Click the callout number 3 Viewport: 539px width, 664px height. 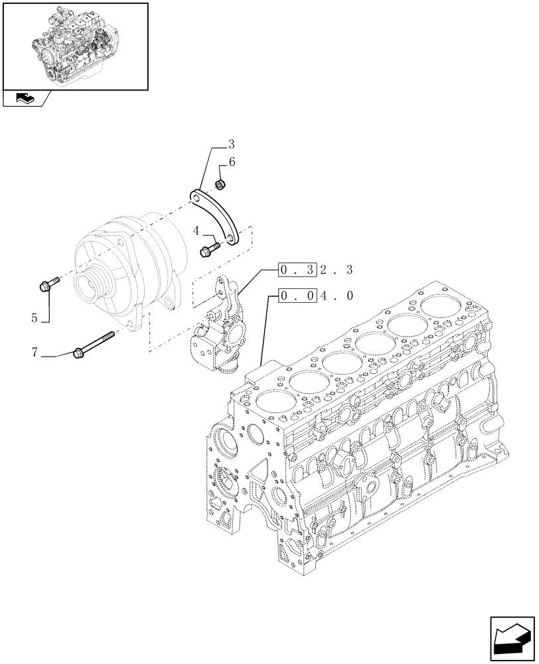pyautogui.click(x=231, y=144)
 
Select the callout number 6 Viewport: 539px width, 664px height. pyautogui.click(x=232, y=162)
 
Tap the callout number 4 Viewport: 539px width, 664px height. pyautogui.click(x=197, y=230)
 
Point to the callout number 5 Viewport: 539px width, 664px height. pyautogui.click(x=34, y=317)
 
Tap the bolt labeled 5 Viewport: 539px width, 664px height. pyautogui.click(x=48, y=286)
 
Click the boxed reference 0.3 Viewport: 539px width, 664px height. pyautogui.click(x=293, y=271)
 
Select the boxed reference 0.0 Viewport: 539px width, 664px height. pyautogui.click(x=293, y=296)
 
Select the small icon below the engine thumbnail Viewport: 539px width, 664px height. pyautogui.click(x=27, y=100)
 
